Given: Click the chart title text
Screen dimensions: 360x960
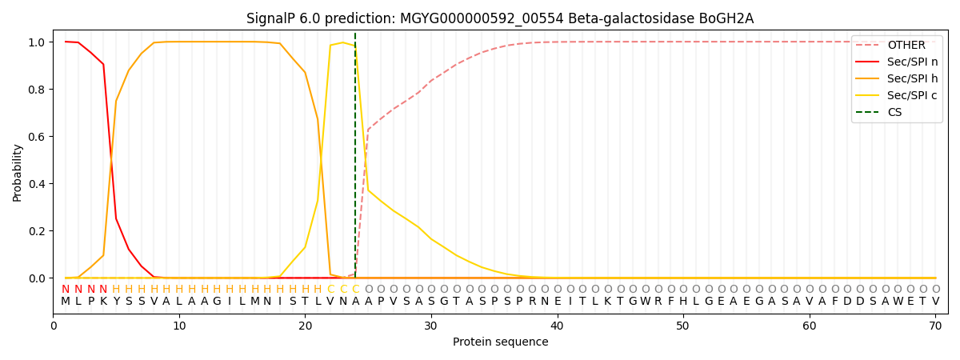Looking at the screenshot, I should (x=500, y=18).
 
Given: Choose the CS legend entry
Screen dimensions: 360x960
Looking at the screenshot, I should (x=894, y=113).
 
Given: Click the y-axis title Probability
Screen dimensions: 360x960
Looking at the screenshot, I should (x=18, y=172).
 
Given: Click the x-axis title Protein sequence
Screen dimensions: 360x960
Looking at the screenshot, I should (x=500, y=342).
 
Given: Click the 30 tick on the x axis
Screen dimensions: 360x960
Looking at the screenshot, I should (x=431, y=326).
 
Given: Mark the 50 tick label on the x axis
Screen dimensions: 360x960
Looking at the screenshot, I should (x=683, y=326).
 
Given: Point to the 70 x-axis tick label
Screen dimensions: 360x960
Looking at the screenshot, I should (x=935, y=326).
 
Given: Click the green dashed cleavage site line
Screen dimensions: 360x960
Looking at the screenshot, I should (x=355, y=160).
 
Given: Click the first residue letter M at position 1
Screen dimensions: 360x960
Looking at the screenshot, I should (x=66, y=302).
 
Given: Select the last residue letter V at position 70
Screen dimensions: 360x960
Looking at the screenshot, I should (x=935, y=302).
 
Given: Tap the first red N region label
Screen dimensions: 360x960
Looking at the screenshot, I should (x=66, y=290).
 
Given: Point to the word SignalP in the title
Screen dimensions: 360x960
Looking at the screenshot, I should (x=272, y=18).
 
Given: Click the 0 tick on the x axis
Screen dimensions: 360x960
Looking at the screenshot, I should (x=54, y=326).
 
